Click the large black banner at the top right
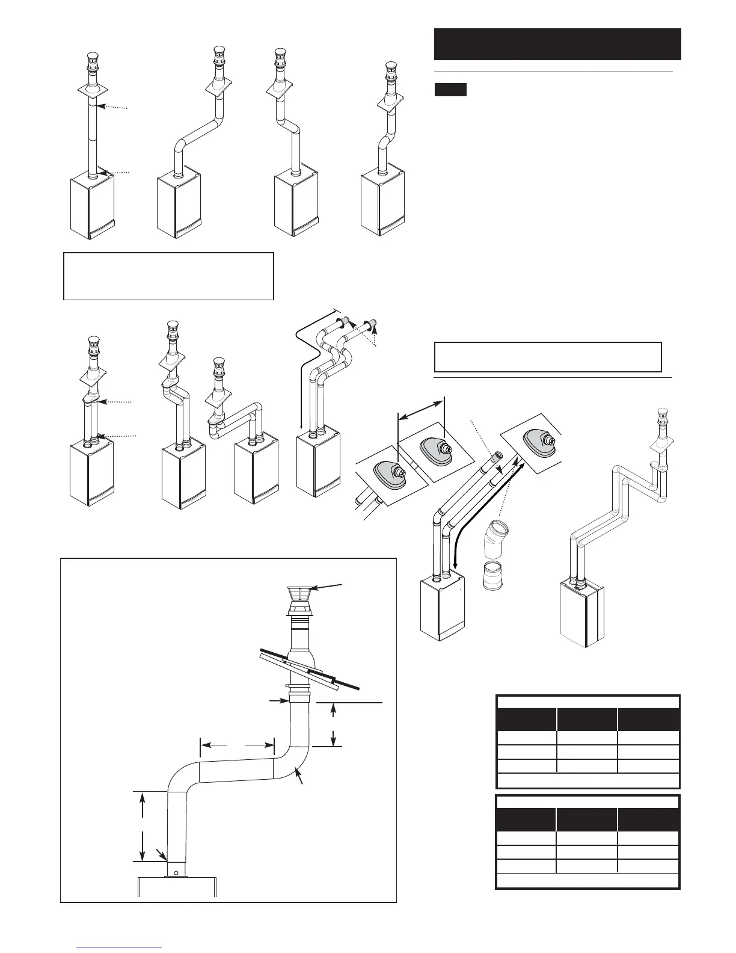pos(557,44)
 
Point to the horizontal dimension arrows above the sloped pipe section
pos(237,745)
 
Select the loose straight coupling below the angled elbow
pos(495,575)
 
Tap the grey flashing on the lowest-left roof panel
pos(390,475)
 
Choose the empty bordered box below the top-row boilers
pos(168,276)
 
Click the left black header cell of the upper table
pos(526,720)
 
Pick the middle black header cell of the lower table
pos(587,820)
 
